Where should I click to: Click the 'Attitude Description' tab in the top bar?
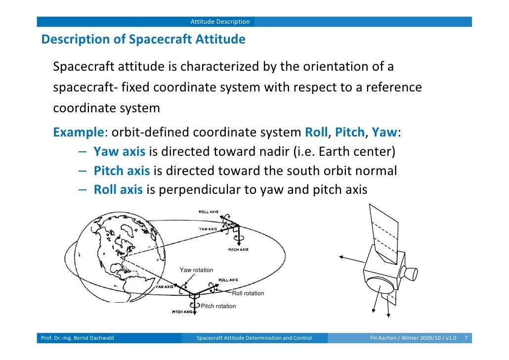(220, 22)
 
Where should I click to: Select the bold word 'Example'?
(79, 133)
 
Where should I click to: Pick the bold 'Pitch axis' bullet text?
(122, 171)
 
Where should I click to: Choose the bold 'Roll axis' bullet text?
(118, 190)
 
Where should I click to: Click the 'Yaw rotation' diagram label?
(196, 270)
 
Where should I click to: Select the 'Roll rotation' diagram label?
(248, 293)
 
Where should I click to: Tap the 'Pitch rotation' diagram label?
(218, 306)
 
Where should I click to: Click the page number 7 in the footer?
(466, 338)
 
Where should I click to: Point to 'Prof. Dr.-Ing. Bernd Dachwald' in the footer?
(77, 338)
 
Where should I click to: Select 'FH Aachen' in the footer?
(383, 338)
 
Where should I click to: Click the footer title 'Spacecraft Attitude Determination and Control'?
(254, 338)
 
